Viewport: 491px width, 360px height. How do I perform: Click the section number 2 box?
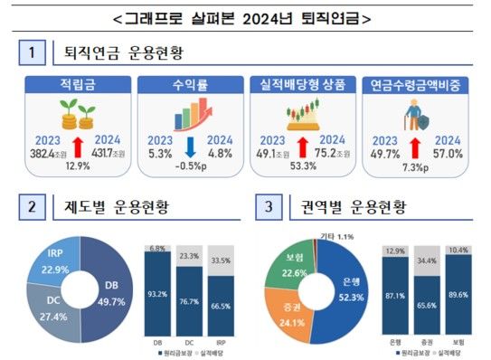pos(30,209)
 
